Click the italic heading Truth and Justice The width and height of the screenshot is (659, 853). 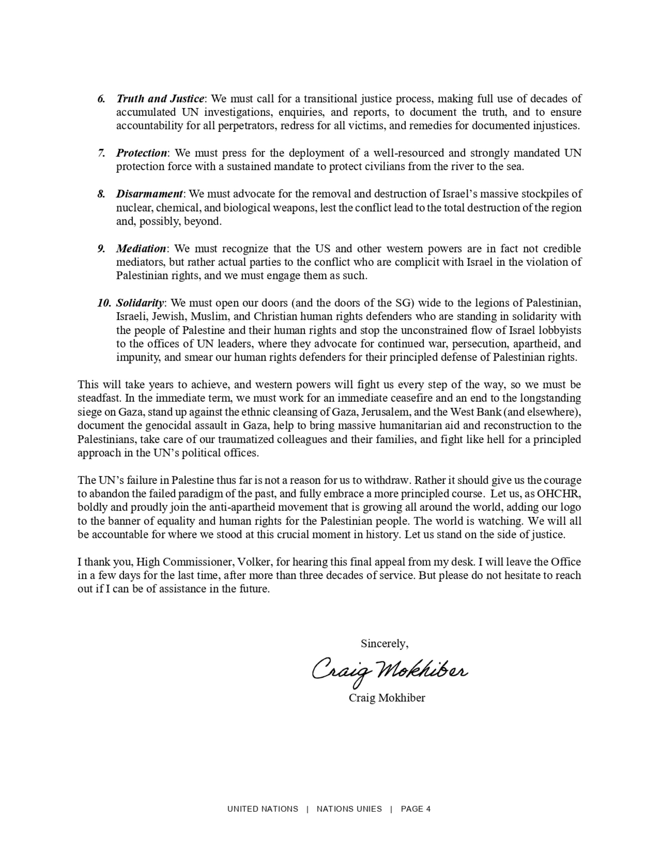[x=160, y=98]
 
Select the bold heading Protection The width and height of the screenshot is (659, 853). [x=142, y=153]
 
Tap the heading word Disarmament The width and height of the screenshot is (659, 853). [x=149, y=194]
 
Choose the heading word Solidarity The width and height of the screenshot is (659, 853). [x=140, y=303]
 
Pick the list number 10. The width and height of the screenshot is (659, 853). [x=104, y=303]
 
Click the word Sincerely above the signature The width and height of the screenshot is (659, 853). [x=384, y=643]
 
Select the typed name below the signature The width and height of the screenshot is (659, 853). [x=386, y=698]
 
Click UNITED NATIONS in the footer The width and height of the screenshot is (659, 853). [x=262, y=809]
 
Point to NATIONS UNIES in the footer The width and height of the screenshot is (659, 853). [x=349, y=809]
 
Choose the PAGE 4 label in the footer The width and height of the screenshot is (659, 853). [x=415, y=809]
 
